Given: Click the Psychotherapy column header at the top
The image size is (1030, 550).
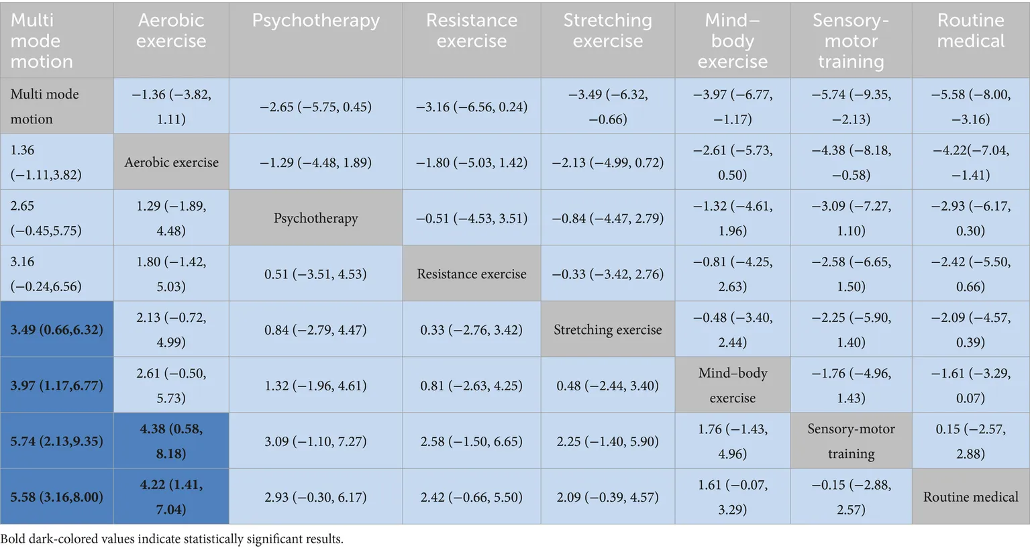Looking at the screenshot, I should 315,21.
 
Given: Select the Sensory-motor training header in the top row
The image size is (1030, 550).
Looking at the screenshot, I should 851,41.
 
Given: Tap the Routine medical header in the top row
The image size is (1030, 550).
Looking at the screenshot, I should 970,31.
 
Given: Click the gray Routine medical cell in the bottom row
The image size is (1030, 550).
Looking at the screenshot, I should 970,497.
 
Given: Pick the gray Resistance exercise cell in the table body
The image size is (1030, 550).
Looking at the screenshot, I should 471,274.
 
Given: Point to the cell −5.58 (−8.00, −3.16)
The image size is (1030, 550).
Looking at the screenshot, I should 970,107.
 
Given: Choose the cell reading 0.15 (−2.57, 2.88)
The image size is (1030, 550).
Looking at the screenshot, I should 970,441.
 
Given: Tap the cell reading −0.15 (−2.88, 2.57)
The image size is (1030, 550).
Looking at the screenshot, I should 851,497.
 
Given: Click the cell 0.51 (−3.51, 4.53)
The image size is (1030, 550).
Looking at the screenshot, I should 315,274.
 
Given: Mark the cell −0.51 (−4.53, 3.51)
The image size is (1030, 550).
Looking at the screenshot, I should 471,218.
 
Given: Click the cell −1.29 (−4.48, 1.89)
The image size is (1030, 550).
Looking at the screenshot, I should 315,162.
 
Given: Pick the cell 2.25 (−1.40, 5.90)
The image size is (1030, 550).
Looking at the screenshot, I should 607,441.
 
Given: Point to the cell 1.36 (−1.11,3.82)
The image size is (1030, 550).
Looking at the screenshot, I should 56,162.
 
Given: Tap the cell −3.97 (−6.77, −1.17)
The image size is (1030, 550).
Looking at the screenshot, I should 732,107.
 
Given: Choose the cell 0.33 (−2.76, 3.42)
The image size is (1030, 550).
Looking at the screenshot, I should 471,329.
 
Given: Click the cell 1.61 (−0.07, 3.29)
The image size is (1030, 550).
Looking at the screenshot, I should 732,497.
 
